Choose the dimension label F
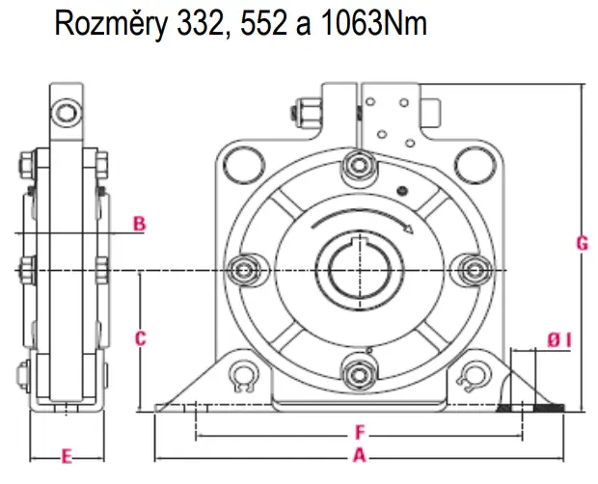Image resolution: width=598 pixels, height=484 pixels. point(359,431)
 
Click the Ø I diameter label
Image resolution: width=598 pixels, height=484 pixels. point(560,338)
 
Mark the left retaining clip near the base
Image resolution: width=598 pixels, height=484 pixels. point(244,378)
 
